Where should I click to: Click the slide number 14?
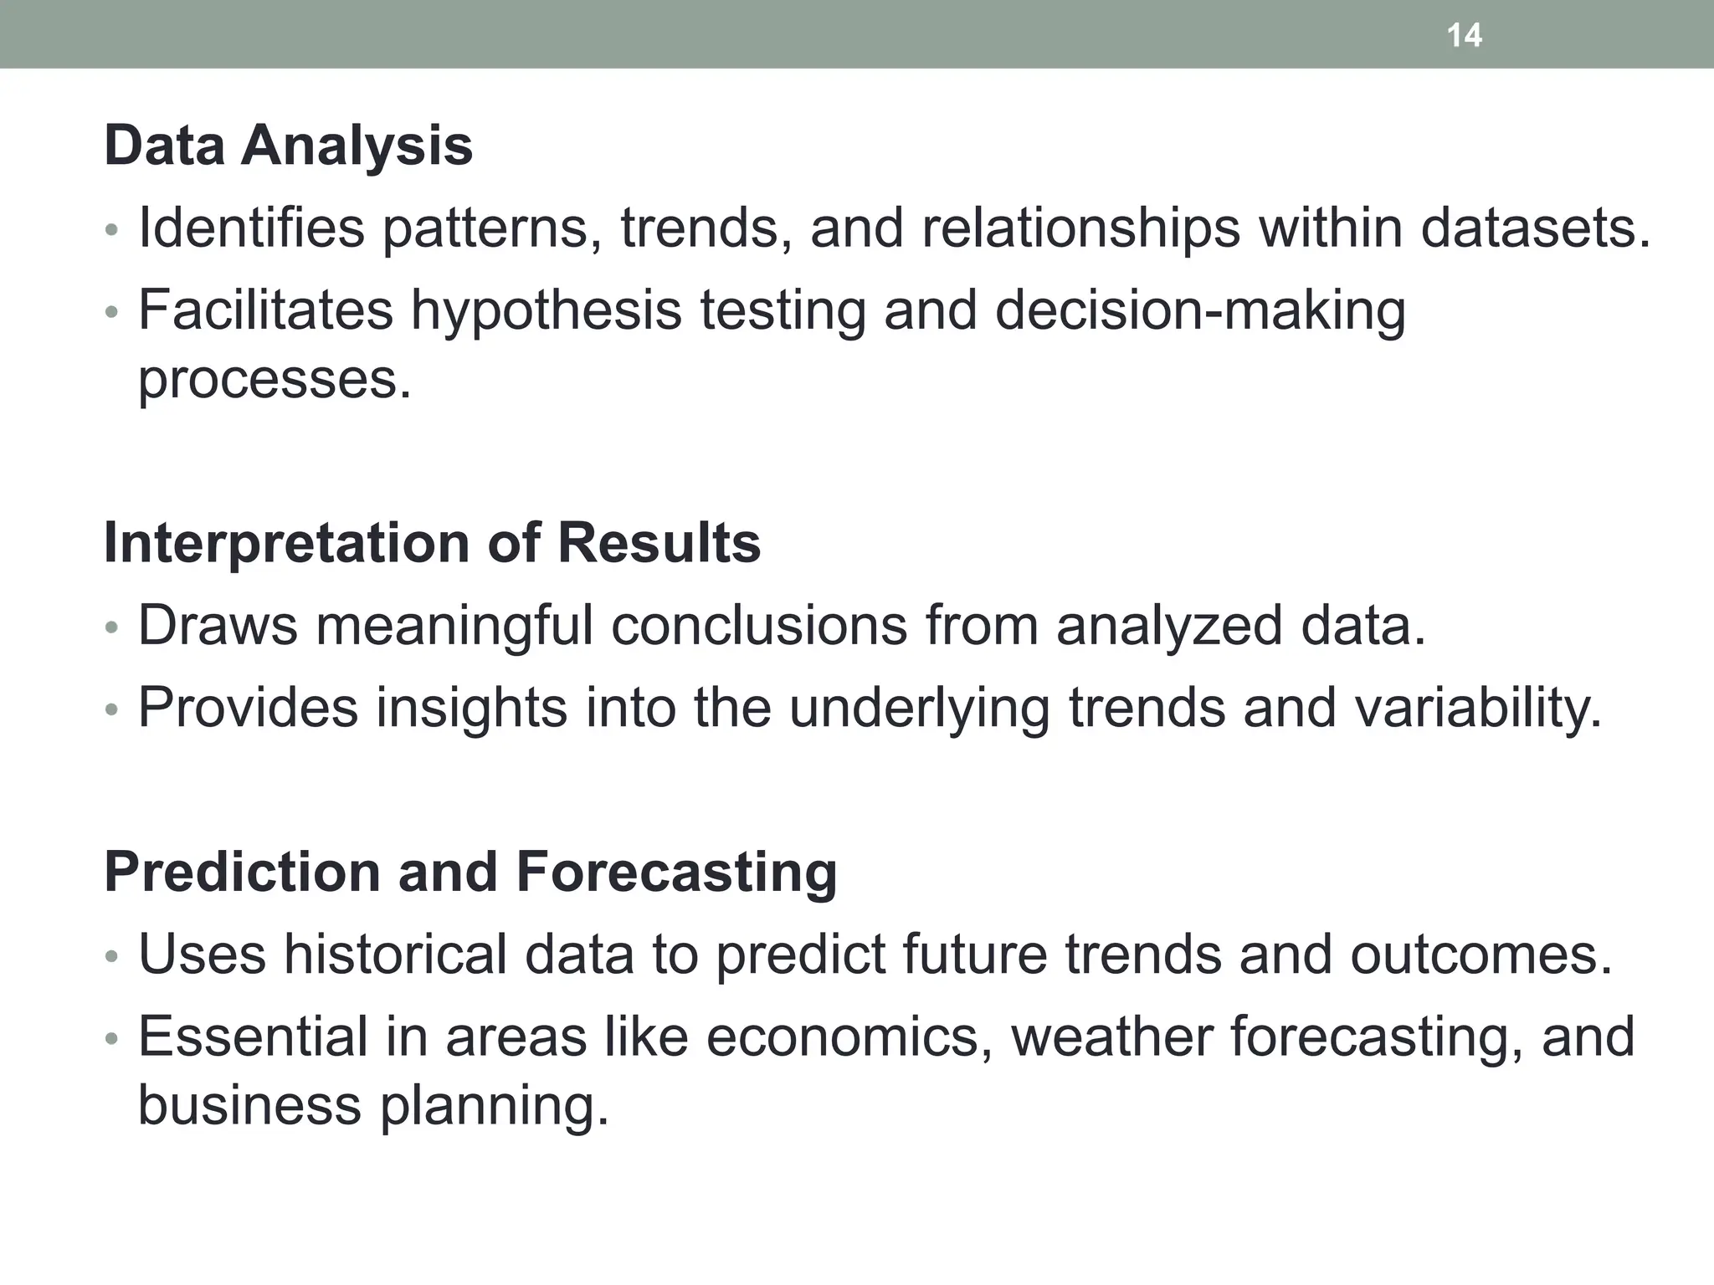pyautogui.click(x=1464, y=35)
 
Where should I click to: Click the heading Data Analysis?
pyautogui.click(x=288, y=146)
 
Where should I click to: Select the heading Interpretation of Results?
pyautogui.click(x=432, y=543)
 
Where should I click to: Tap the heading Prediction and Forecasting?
pyautogui.click(x=470, y=872)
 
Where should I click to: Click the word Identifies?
pyautogui.click(x=251, y=228)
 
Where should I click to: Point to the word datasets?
pyautogui.click(x=1535, y=228)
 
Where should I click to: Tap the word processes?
pyautogui.click(x=274, y=380)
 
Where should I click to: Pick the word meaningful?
pyautogui.click(x=454, y=625)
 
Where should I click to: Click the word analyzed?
pyautogui.click(x=1168, y=625)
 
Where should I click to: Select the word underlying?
pyautogui.click(x=918, y=708)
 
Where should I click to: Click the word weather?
pyautogui.click(x=1111, y=1037)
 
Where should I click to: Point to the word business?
pyautogui.click(x=249, y=1105)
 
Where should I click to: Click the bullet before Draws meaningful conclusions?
pyautogui.click(x=112, y=627)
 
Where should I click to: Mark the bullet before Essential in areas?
pyautogui.click(x=112, y=1039)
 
